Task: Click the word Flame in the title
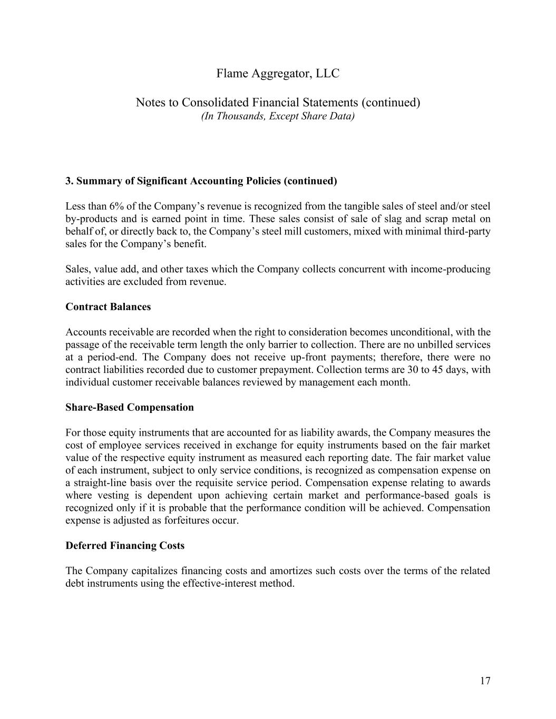click(231, 74)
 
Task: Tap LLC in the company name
click(328, 74)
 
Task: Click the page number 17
click(485, 681)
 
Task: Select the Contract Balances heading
click(108, 307)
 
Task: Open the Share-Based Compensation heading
click(130, 407)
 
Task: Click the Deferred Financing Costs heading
click(125, 546)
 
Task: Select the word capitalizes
click(151, 571)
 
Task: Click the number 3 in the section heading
click(69, 181)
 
